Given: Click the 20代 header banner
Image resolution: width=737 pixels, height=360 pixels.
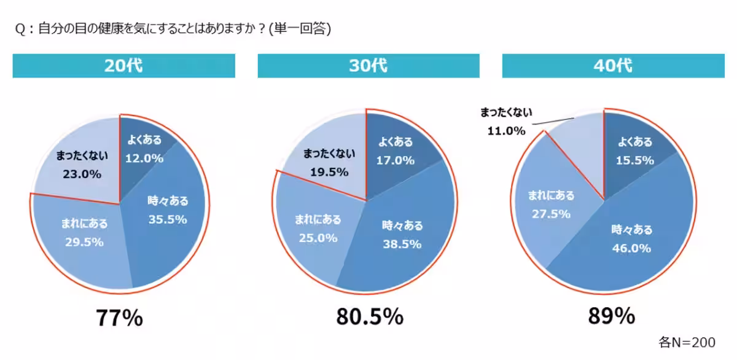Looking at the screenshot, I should (123, 66).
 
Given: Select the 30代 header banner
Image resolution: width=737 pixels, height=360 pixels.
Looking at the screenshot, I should (368, 66).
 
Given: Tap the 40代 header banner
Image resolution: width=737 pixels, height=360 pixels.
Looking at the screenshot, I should (613, 66).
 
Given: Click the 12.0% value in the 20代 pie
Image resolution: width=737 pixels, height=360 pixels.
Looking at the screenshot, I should (144, 158).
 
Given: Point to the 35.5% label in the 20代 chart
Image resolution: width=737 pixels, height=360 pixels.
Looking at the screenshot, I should (167, 219).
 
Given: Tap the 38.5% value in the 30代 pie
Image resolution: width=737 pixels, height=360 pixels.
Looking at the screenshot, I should (402, 244).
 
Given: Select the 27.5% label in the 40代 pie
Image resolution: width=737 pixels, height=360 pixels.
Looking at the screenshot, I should (551, 214).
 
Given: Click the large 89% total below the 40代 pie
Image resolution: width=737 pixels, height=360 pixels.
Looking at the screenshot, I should (610, 316).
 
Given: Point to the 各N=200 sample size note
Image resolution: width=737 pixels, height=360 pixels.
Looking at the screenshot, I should (687, 342).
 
